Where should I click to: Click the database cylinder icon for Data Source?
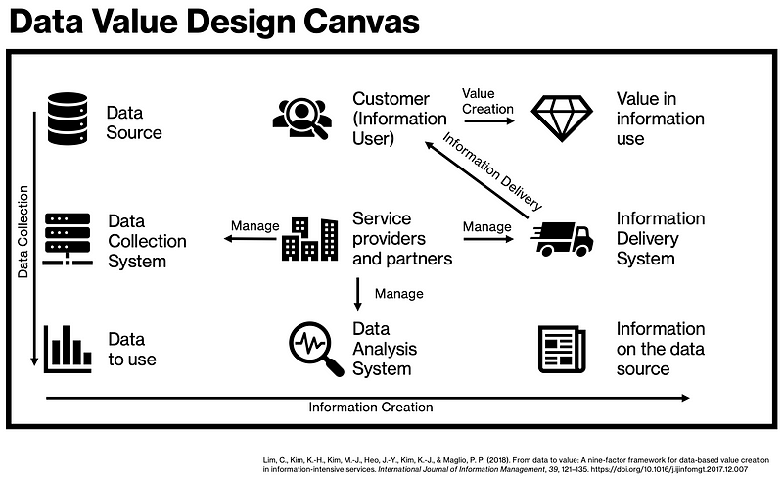[68, 119]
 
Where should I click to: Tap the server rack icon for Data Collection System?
[68, 239]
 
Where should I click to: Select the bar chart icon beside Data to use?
[68, 349]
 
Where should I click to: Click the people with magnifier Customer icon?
[302, 119]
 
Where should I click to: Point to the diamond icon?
[562, 119]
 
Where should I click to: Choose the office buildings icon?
[309, 239]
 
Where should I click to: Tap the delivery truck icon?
[562, 239]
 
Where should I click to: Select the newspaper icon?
[562, 349]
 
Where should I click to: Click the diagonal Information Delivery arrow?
[477, 180]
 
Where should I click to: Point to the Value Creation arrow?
[488, 120]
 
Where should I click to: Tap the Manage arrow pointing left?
[250, 238]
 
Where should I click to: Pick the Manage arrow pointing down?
[357, 294]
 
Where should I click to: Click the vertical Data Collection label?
[23, 231]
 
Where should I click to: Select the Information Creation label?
[371, 407]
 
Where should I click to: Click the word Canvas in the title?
[361, 22]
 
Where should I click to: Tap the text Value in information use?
[660, 119]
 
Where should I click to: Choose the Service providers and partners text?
[402, 238]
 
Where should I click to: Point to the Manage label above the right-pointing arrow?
[486, 226]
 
